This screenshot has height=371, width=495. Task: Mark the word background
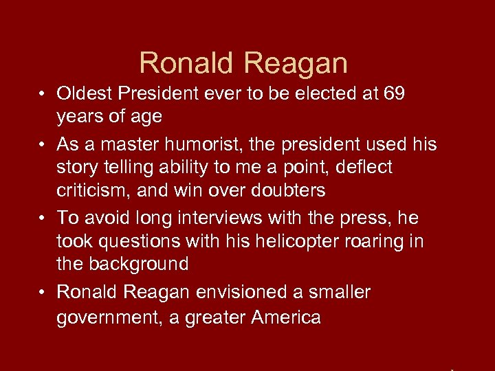pos(145,264)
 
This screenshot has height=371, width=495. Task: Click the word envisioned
pos(237,292)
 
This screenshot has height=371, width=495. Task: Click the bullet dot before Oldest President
pos(42,94)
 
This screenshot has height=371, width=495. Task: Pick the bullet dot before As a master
pos(42,145)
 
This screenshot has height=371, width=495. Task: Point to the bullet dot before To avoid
pos(42,218)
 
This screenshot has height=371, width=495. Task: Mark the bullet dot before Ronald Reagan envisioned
pos(42,293)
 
